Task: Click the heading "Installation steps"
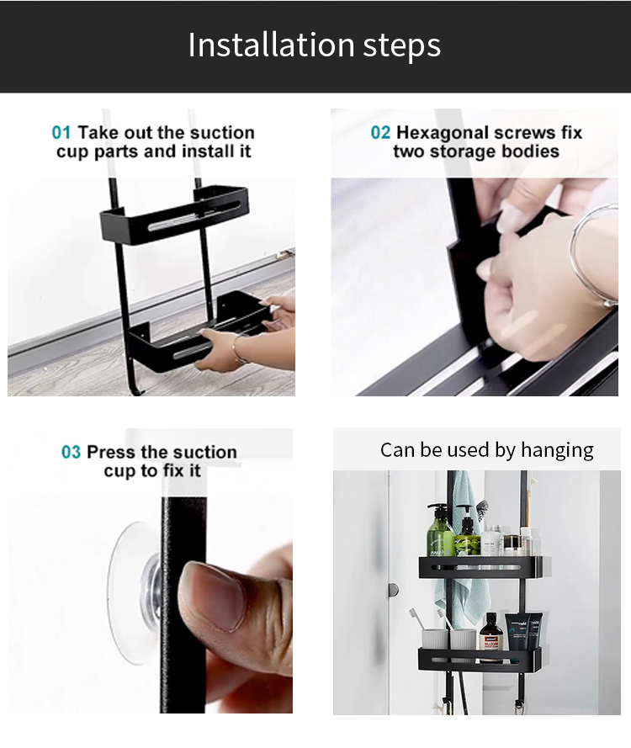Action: click(315, 45)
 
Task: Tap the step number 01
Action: click(61, 133)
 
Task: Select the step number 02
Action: click(380, 133)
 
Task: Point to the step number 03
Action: click(71, 452)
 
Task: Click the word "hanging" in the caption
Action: click(557, 451)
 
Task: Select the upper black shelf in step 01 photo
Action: click(174, 214)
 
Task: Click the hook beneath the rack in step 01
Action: click(136, 387)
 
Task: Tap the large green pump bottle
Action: click(440, 530)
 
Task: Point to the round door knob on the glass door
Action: click(393, 590)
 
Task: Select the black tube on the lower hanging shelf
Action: click(518, 632)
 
